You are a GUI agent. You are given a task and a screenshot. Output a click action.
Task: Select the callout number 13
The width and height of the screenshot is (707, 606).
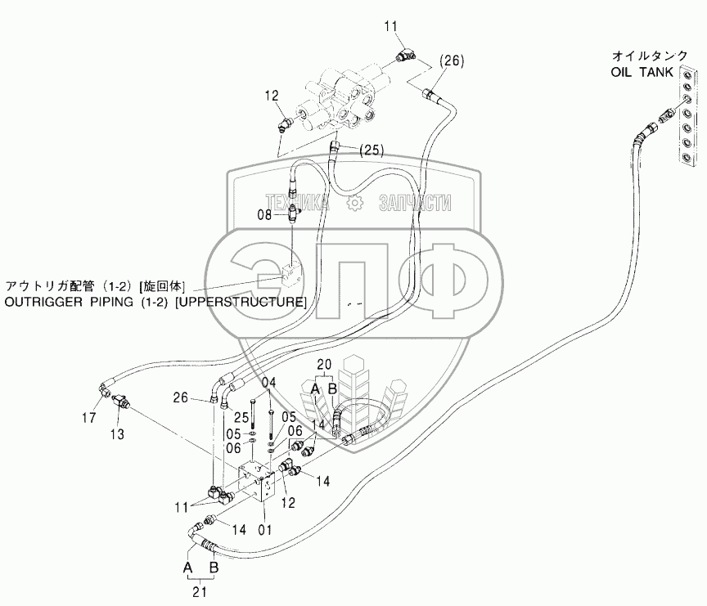tap(118, 433)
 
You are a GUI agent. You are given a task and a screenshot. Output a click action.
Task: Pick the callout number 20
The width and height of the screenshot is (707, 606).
tap(324, 365)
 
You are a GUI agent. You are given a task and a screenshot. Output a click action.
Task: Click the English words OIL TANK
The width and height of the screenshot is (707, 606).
tap(642, 72)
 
